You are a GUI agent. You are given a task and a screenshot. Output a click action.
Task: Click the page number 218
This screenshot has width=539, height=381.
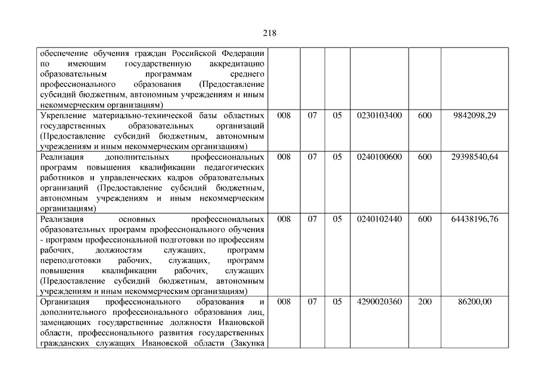269,33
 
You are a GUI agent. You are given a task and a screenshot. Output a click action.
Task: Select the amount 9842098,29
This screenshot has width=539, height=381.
474,115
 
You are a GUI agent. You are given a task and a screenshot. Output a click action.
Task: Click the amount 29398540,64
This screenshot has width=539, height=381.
474,157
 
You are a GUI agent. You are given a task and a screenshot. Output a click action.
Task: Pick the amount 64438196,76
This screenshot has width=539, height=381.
474,219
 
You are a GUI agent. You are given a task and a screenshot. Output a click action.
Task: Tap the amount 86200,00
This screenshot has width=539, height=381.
475,302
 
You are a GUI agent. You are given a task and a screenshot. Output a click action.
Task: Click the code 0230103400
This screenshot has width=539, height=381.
379,115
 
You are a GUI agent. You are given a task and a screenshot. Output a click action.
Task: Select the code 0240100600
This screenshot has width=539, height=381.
379,157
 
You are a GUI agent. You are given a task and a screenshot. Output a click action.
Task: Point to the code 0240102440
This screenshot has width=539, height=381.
379,219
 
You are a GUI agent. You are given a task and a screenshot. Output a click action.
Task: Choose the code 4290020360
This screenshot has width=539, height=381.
379,302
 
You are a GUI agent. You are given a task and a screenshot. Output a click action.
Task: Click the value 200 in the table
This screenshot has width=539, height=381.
425,302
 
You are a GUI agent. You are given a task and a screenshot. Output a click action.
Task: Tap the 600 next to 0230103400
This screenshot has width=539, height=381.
425,115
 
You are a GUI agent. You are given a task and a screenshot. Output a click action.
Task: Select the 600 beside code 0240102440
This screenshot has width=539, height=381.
425,219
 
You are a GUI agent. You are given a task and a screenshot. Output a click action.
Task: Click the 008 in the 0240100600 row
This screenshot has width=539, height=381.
284,157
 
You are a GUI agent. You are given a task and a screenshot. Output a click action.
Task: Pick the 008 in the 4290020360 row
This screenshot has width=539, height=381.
284,302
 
